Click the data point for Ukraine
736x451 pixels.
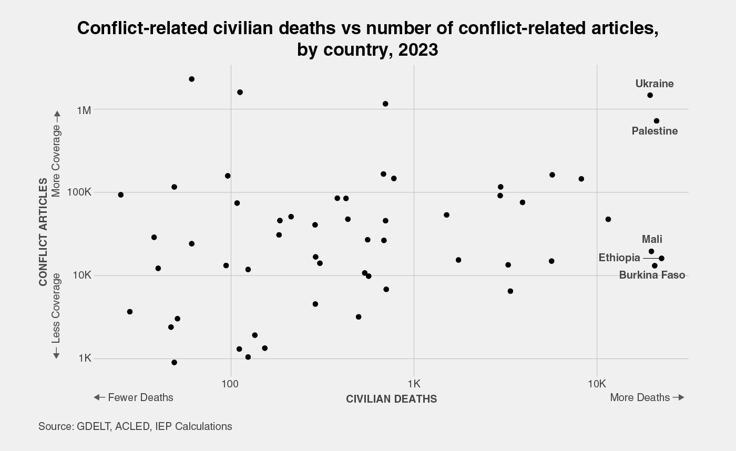coord(650,95)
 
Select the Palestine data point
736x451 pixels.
coord(657,121)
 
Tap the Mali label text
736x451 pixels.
coord(652,240)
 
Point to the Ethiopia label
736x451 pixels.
coord(619,258)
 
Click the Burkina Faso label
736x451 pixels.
coord(652,275)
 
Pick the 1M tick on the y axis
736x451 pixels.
coord(84,110)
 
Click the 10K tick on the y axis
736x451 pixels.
coord(83,275)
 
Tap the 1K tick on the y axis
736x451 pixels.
coord(85,358)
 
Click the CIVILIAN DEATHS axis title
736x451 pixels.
coord(391,399)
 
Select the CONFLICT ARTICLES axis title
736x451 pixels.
coord(44,232)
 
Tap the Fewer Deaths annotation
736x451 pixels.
coord(134,397)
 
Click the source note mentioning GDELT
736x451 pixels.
coord(135,426)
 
